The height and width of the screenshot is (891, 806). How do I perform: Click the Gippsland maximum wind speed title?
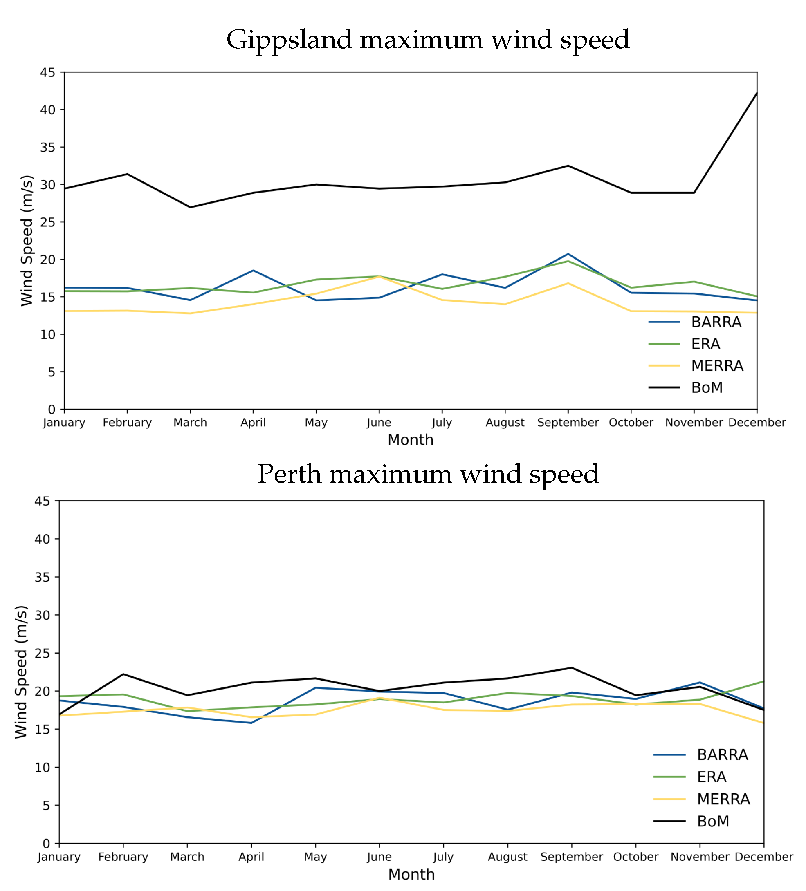pyautogui.click(x=428, y=40)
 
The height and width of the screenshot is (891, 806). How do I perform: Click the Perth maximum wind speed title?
pyautogui.click(x=428, y=474)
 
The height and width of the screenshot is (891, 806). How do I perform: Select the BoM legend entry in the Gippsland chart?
pyautogui.click(x=707, y=387)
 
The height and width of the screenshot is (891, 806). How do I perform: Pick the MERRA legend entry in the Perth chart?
pyautogui.click(x=723, y=799)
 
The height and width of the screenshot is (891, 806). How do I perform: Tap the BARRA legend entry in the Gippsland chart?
pyautogui.click(x=716, y=322)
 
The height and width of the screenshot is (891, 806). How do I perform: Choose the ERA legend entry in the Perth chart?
pyautogui.click(x=712, y=777)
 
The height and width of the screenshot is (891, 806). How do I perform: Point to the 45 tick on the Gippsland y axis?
pyautogui.click(x=48, y=72)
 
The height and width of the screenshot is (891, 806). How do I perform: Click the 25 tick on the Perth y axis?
pyautogui.click(x=43, y=653)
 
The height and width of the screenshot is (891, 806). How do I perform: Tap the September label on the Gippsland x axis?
pyautogui.click(x=568, y=423)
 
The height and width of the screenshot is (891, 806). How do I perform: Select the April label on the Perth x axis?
pyautogui.click(x=251, y=857)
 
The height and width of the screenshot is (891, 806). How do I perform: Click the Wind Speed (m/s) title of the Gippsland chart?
pyautogui.click(x=27, y=241)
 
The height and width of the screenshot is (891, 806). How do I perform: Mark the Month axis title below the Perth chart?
pyautogui.click(x=411, y=875)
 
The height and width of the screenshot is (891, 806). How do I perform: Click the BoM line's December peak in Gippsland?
pyautogui.click(x=757, y=93)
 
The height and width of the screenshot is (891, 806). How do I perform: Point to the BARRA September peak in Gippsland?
pyautogui.click(x=568, y=254)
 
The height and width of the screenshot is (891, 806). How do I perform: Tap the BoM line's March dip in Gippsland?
pyautogui.click(x=190, y=207)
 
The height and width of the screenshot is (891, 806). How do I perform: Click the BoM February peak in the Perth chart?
pyautogui.click(x=123, y=674)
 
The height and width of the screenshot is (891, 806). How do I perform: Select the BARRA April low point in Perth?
pyautogui.click(x=251, y=723)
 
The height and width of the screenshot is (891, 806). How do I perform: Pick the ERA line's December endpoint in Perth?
pyautogui.click(x=763, y=681)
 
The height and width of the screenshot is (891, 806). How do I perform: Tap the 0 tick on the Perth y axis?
pyautogui.click(x=46, y=844)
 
